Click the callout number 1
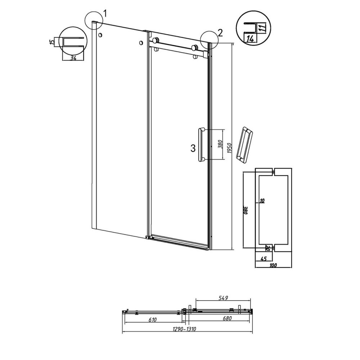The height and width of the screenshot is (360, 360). coord(105,14)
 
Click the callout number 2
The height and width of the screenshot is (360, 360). coord(220,33)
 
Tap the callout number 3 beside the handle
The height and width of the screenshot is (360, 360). coord(193,148)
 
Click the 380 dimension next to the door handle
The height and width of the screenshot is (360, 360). coord(220,144)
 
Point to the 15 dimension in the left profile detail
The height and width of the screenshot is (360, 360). coord(53,42)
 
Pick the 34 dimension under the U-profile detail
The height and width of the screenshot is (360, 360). coord(73,58)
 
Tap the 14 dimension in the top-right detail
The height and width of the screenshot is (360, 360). coord(250,39)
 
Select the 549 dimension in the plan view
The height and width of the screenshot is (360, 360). coord(223,298)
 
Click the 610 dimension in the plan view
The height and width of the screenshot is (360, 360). coord(152,320)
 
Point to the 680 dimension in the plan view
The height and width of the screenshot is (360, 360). coord(227,319)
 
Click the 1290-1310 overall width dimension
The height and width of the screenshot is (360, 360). coord(184,329)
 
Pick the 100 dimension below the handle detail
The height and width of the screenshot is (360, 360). coord(273,265)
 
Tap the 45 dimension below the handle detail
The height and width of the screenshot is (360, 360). coord(264,259)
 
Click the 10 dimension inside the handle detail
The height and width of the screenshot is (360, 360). coord(262,201)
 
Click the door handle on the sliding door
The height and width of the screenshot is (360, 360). coord(201,144)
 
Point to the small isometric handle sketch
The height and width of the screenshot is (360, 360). coord(245,144)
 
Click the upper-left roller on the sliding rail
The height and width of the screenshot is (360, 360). coord(156,40)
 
